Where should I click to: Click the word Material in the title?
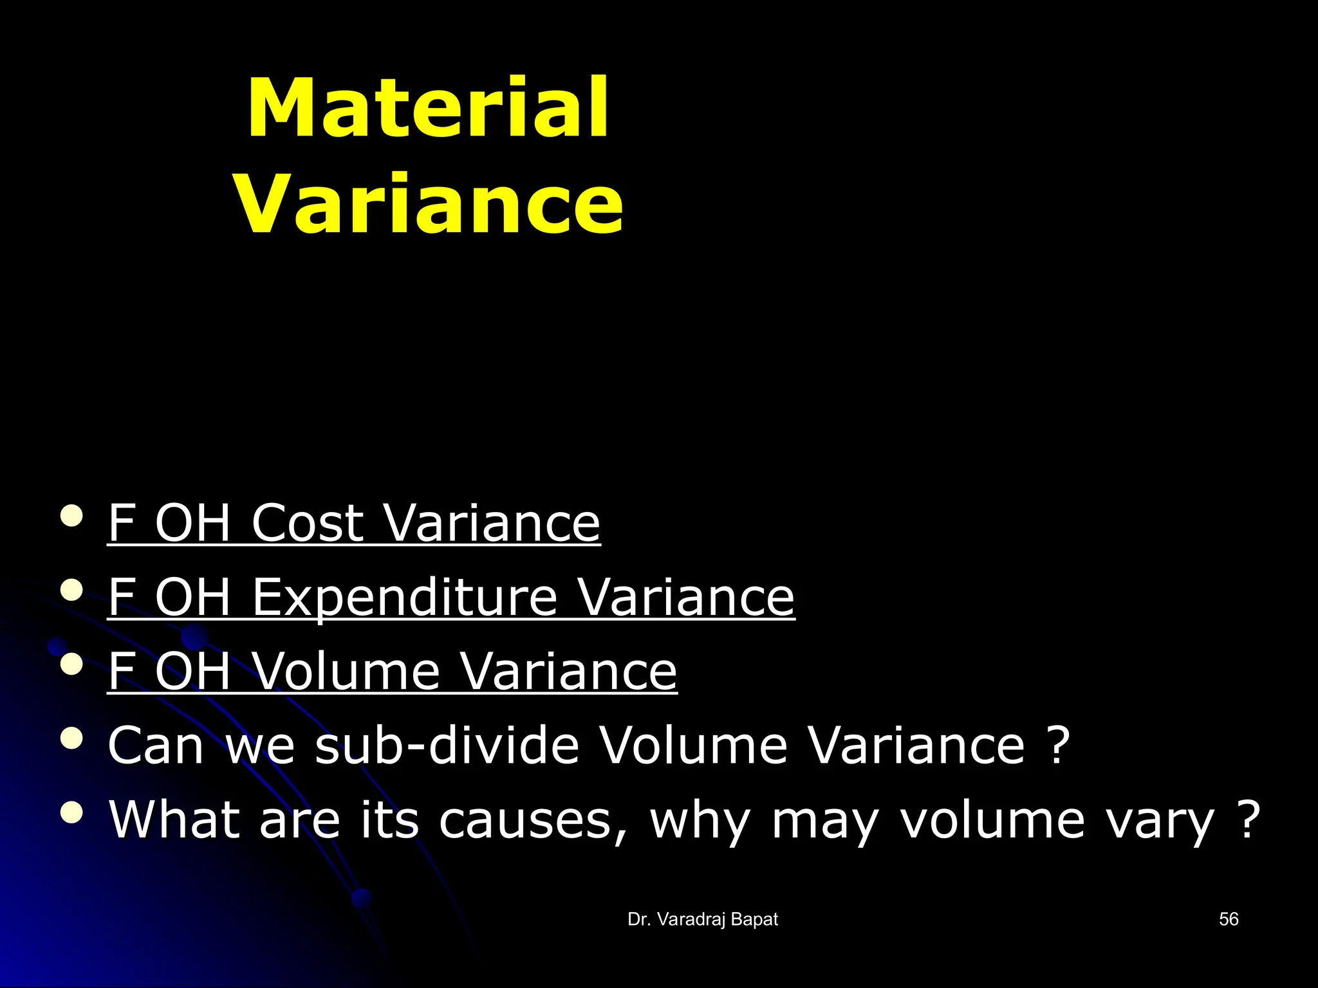428,107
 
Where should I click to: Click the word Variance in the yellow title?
429,204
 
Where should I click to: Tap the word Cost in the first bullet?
308,522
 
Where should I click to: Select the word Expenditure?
404,597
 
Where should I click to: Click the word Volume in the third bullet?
346,671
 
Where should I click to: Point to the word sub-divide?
447,746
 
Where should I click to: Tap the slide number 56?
1229,919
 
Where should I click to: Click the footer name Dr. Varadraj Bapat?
703,920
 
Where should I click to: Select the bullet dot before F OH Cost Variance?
71,516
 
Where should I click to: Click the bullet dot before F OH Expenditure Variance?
71,590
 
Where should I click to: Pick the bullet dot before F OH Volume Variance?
71,664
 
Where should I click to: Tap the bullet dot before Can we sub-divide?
71,739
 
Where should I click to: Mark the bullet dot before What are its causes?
71,813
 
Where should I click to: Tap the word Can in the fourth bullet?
156,746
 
